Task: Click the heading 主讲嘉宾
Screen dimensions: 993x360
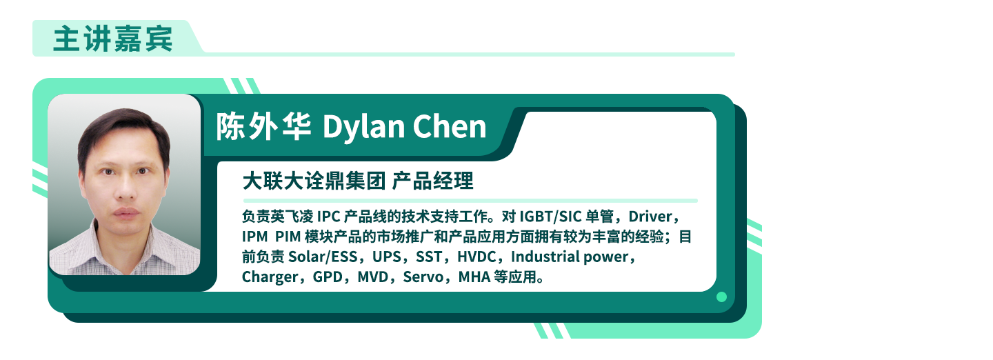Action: click(112, 39)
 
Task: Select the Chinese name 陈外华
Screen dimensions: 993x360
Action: click(263, 126)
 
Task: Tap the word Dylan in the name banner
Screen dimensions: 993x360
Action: click(363, 128)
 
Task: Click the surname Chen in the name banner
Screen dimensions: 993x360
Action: click(450, 126)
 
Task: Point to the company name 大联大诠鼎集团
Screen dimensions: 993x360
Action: click(314, 181)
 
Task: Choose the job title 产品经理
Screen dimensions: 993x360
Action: click(432, 181)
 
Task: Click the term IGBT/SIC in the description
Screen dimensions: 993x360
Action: click(550, 217)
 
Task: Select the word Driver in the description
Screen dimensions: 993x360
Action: click(650, 217)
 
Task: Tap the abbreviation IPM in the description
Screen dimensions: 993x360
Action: click(254, 237)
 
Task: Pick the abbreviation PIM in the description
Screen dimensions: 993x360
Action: click(288, 237)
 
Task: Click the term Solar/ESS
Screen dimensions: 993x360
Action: click(323, 257)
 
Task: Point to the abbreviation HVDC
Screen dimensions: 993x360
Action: click(477, 257)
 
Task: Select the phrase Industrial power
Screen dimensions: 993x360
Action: click(570, 257)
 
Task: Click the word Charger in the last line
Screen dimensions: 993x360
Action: click(270, 277)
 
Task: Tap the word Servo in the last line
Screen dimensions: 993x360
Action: click(423, 277)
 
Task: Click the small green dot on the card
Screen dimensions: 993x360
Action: click(721, 297)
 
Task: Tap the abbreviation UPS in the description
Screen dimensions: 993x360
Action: click(387, 257)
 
